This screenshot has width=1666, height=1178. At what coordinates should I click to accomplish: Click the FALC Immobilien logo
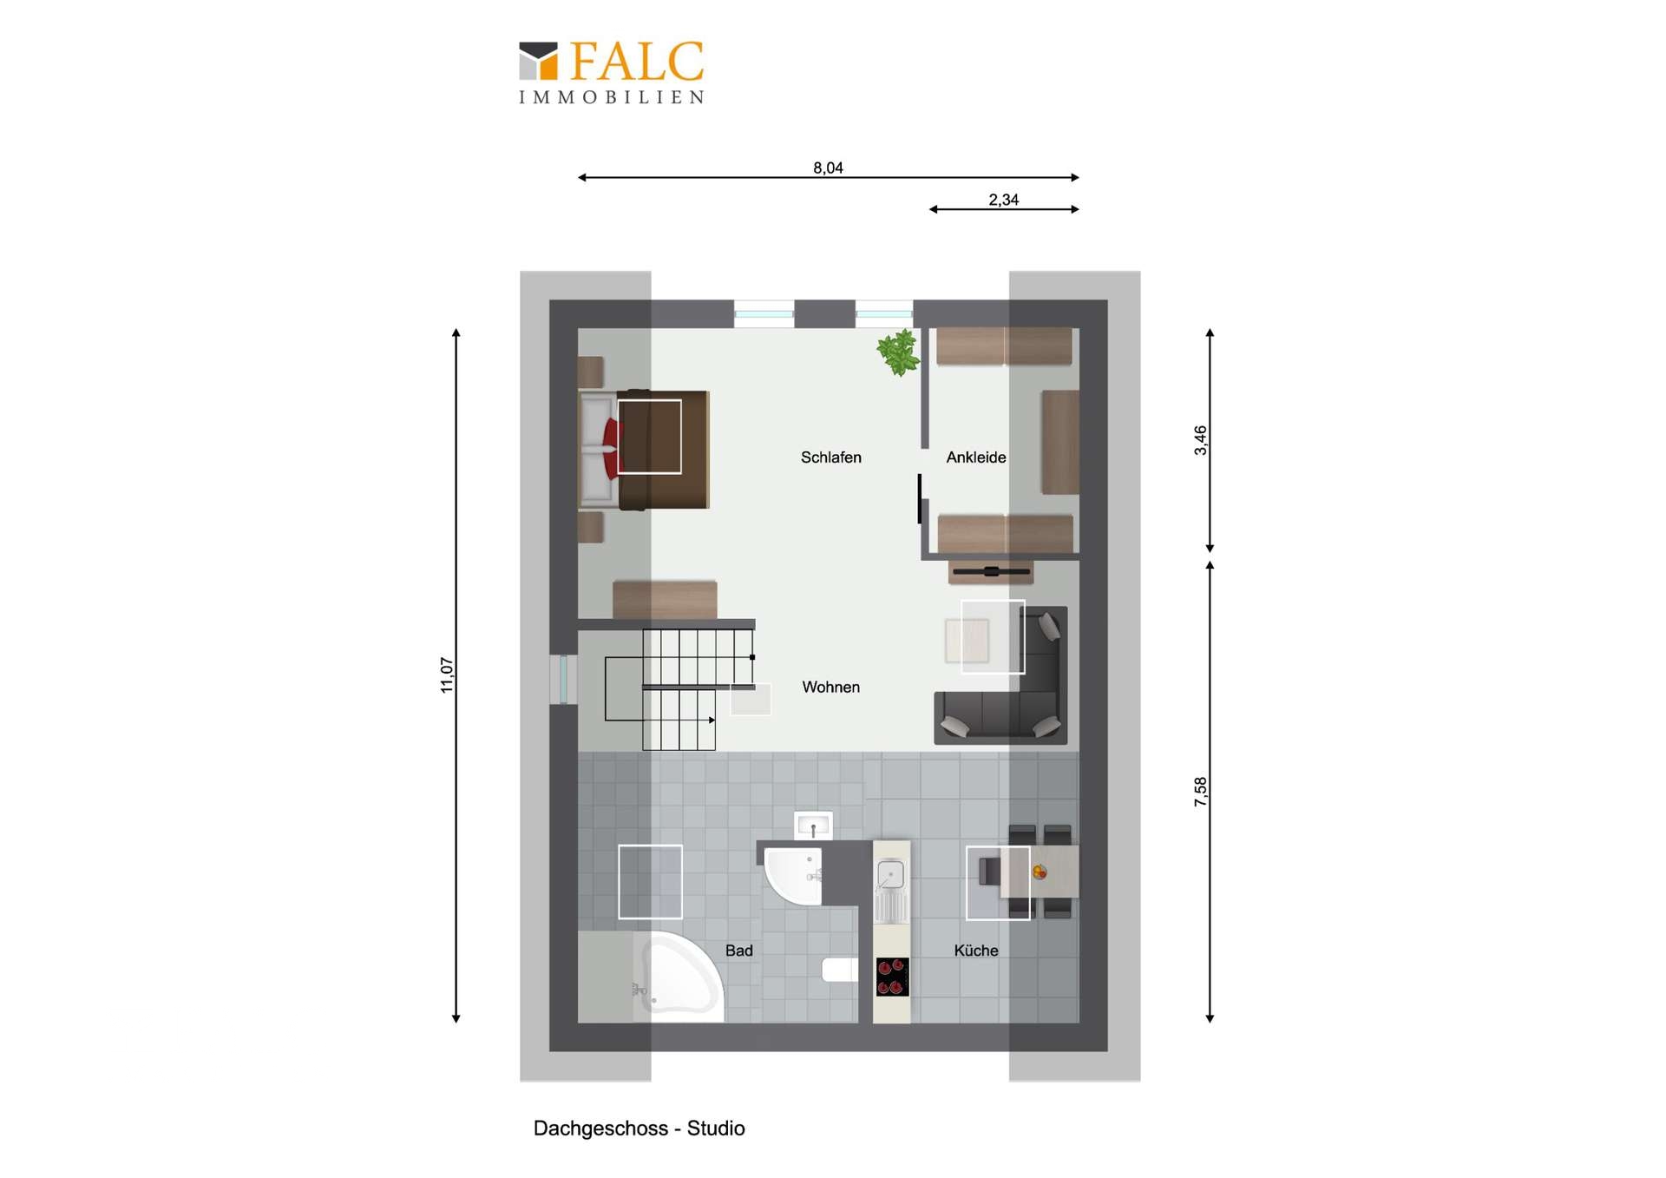(612, 73)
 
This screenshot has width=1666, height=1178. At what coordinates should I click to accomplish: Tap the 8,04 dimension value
(828, 168)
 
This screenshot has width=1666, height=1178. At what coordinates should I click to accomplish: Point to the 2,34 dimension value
(1003, 200)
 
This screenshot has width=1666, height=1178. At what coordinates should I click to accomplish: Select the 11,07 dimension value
(447, 675)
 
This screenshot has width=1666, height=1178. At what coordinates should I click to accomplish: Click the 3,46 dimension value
(1200, 440)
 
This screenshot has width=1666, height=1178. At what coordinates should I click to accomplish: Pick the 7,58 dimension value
(1200, 792)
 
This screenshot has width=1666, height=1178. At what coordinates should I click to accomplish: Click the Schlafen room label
(830, 457)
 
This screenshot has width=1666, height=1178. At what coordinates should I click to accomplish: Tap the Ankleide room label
(975, 457)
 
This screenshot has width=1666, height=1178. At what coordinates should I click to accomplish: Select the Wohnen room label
(830, 688)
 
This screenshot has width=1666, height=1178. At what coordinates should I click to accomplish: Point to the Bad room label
(738, 951)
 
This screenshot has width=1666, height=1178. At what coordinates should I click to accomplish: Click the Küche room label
(975, 951)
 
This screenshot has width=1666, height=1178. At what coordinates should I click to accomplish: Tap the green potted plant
(898, 352)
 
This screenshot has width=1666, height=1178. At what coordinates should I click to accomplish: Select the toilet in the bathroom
(839, 969)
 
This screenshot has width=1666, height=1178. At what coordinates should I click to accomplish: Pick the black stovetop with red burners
(892, 977)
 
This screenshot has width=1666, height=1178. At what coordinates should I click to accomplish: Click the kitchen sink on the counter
(891, 874)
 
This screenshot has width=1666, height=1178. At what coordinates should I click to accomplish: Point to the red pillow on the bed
(613, 448)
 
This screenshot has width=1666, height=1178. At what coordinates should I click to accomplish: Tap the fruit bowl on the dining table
(1039, 872)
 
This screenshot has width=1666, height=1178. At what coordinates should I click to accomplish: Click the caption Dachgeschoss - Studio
(639, 1129)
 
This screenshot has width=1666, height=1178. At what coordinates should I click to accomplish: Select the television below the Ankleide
(991, 571)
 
